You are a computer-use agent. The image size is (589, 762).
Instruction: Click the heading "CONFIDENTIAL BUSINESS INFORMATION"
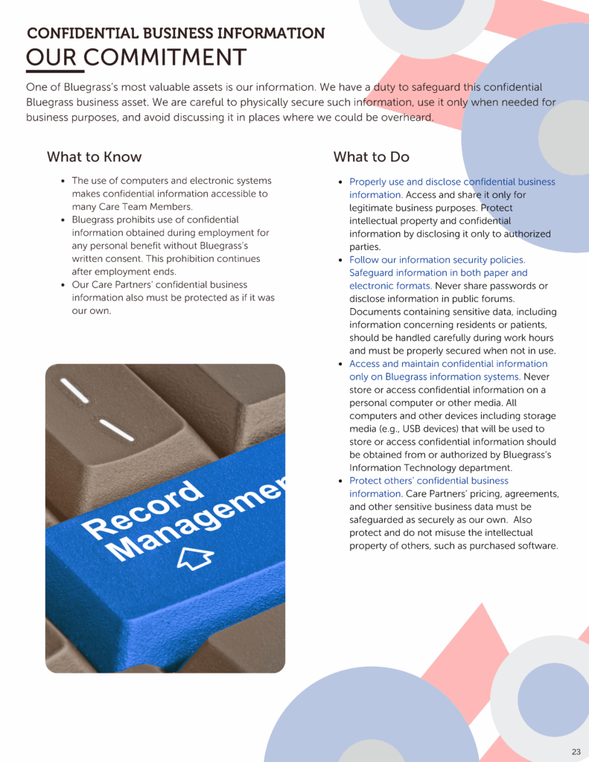pyautogui.click(x=176, y=33)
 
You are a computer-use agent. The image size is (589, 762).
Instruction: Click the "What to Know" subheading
pyautogui.click(x=94, y=157)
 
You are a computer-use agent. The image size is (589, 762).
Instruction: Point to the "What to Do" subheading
pyautogui.click(x=371, y=157)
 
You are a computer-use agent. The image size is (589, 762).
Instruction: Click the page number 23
pyautogui.click(x=576, y=752)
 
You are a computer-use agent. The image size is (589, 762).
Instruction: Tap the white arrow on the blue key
pyautogui.click(x=196, y=557)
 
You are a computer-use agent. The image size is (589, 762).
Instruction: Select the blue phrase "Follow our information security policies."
pyautogui.click(x=437, y=260)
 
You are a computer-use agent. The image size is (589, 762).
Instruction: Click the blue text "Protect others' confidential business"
pyautogui.click(x=429, y=481)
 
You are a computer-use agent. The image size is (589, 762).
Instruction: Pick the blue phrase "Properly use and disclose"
pyautogui.click(x=405, y=182)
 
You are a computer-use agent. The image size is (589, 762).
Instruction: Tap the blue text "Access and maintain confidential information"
pyautogui.click(x=448, y=364)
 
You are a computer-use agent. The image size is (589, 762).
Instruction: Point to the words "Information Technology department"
pyautogui.click(x=431, y=468)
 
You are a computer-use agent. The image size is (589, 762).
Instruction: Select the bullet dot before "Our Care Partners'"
pyautogui.click(x=63, y=285)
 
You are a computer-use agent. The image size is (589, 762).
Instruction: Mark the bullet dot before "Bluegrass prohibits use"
pyautogui.click(x=63, y=220)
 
